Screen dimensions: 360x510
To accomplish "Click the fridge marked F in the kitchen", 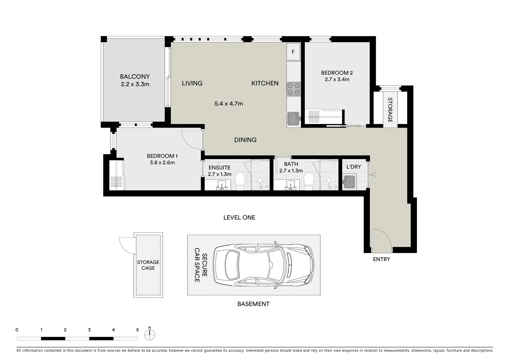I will pyautogui.click(x=293, y=52).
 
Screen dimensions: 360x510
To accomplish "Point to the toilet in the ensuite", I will pyautogui.click(x=240, y=181).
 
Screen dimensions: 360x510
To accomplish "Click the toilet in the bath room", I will pyautogui.click(x=309, y=181).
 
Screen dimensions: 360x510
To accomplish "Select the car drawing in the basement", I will pyautogui.click(x=264, y=265).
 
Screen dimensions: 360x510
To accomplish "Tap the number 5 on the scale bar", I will pyautogui.click(x=137, y=330).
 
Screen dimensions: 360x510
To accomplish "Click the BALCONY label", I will pyautogui.click(x=135, y=77).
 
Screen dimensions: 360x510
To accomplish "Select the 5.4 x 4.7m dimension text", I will pyautogui.click(x=228, y=104).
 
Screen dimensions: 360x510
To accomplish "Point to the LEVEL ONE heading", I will pyautogui.click(x=239, y=218).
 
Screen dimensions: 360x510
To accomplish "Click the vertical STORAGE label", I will pyautogui.click(x=390, y=110).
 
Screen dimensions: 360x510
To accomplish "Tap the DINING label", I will pyautogui.click(x=245, y=140).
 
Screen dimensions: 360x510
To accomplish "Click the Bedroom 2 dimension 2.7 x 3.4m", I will pyautogui.click(x=337, y=80).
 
